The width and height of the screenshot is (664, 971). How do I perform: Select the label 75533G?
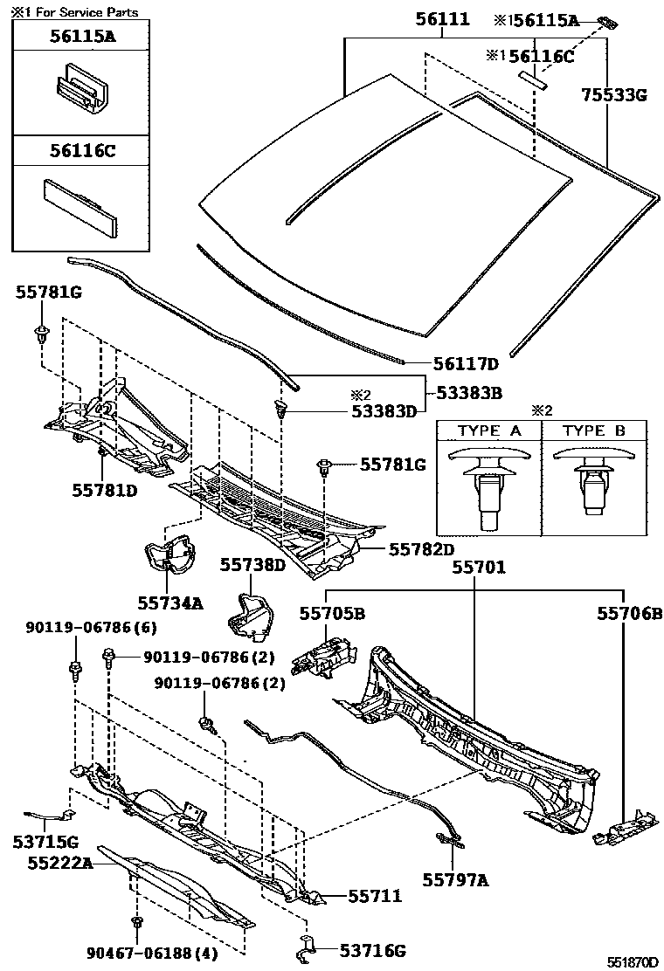(614, 96)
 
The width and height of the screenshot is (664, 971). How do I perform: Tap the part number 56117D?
(466, 364)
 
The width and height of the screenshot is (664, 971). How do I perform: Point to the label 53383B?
(471, 393)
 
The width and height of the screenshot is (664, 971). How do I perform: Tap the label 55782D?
(422, 549)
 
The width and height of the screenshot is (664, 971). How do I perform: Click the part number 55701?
(478, 568)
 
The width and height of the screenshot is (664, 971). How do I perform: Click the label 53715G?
(45, 842)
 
